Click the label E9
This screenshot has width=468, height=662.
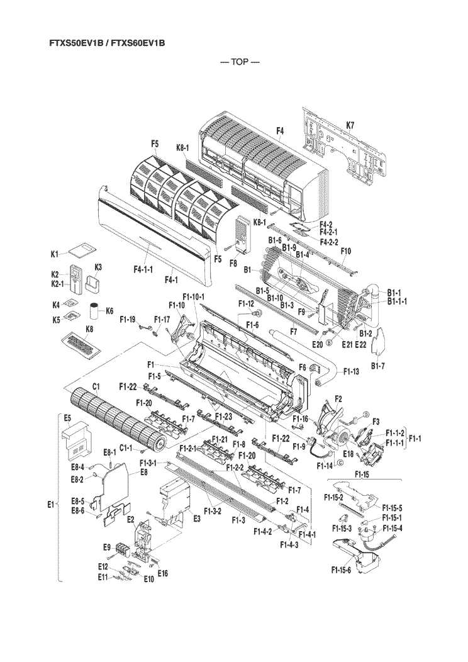(107, 546)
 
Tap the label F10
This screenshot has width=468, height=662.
(346, 251)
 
